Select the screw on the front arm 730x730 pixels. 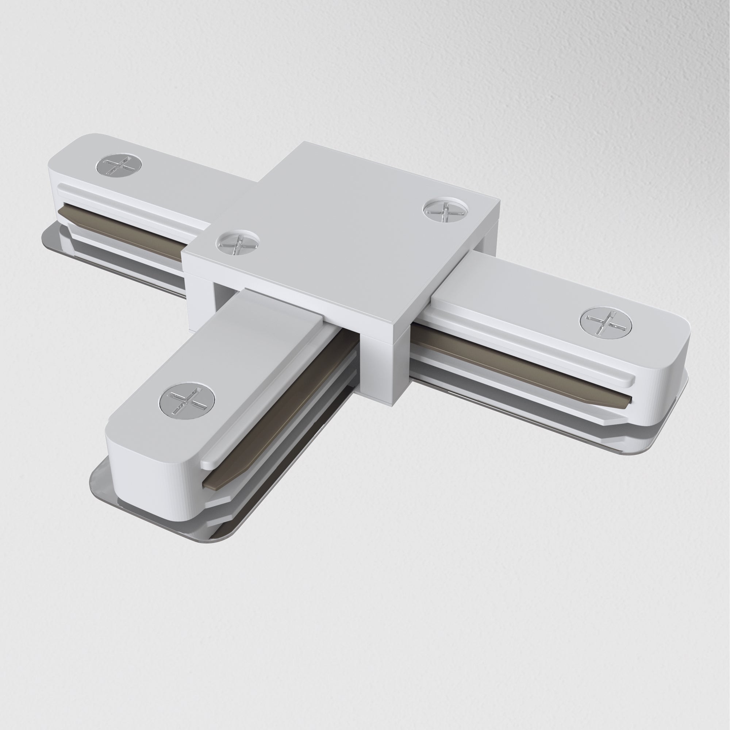[x=187, y=400]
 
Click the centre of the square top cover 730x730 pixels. [x=340, y=234]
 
